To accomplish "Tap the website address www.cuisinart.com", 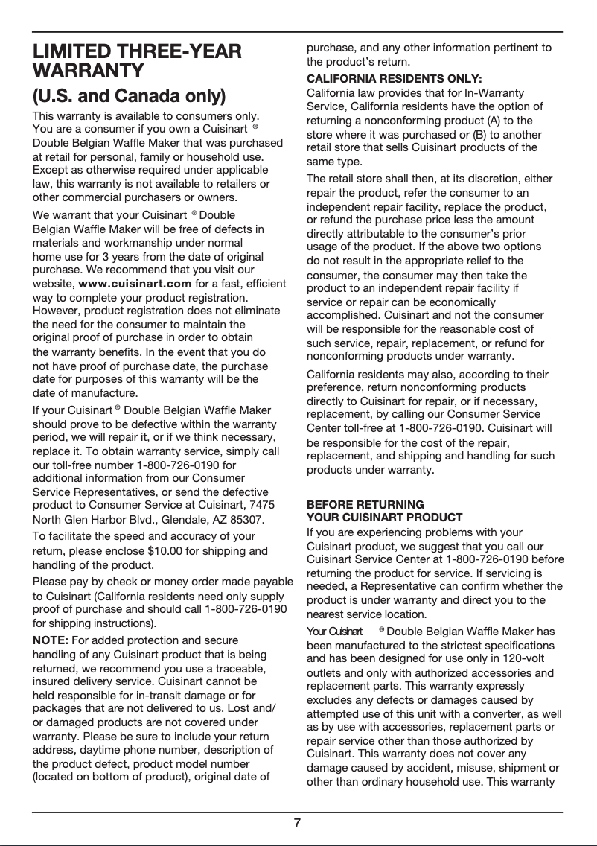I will (x=135, y=284).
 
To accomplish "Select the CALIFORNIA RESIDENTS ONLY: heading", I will (x=394, y=79).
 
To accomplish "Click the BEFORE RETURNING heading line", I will (x=365, y=504).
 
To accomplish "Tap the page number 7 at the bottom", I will (x=297, y=823).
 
